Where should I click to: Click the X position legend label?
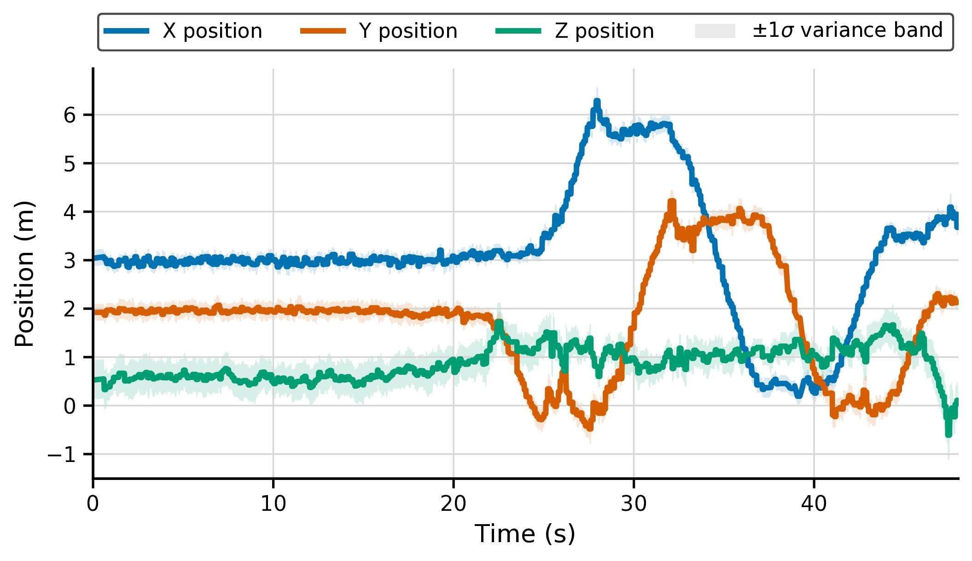pos(212,31)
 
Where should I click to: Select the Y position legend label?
pos(408,31)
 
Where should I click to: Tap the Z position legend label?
pos(604,31)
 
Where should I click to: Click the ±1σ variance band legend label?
pos(848,30)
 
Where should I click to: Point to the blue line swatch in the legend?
pos(127,31)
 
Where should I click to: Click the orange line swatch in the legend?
pos(323,31)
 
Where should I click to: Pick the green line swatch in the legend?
pos(518,31)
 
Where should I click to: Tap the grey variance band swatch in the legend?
pos(715,31)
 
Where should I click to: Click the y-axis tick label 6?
pos(70,115)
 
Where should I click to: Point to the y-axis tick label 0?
pos(70,406)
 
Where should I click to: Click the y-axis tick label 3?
pos(70,261)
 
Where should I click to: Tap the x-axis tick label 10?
pos(273,504)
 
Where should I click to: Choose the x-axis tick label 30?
pos(634,504)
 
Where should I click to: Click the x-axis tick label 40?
pos(814,504)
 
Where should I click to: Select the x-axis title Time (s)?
pos(525,534)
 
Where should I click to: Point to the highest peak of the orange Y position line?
pos(672,201)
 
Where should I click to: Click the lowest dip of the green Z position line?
pos(948,434)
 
